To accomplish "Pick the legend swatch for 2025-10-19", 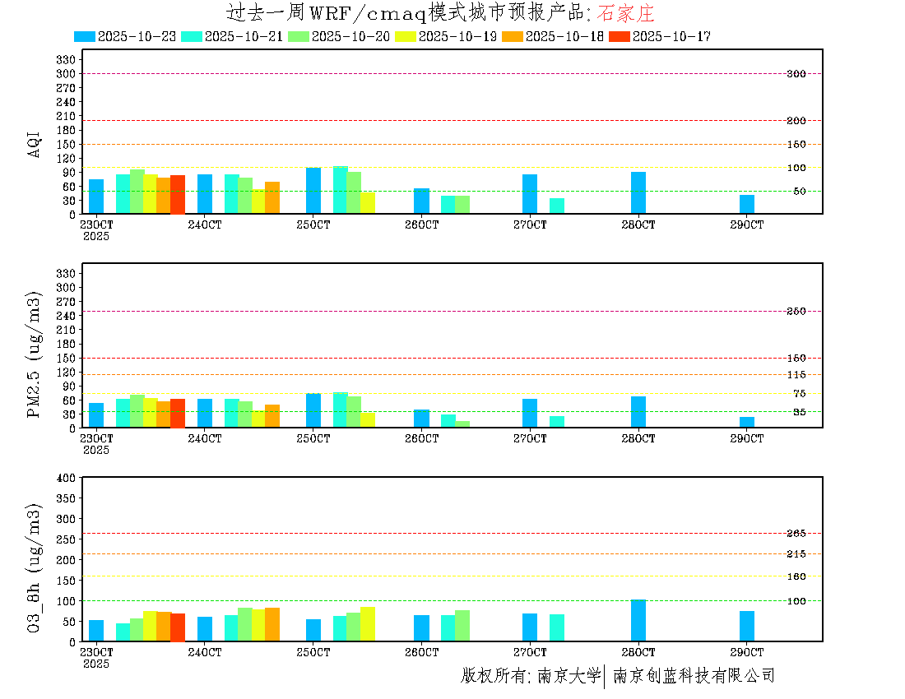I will click(406, 36).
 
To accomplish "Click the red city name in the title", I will click(625, 14).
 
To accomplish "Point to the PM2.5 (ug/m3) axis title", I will click(35, 354).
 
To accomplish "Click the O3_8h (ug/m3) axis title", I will click(35, 568).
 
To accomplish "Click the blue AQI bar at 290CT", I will click(747, 204).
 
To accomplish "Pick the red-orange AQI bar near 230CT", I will click(178, 194).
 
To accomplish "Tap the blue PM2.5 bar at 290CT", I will click(747, 422).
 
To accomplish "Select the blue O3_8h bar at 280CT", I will click(638, 620).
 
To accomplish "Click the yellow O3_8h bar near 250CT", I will click(368, 623).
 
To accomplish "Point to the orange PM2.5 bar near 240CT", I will click(272, 416).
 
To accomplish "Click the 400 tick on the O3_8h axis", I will click(66, 478).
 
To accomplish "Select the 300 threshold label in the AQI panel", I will click(796, 74).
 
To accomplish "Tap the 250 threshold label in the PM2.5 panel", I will click(796, 312).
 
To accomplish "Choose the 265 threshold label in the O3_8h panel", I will click(796, 534).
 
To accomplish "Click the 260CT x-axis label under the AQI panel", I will click(421, 225).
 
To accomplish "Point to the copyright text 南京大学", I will click(569, 676).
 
